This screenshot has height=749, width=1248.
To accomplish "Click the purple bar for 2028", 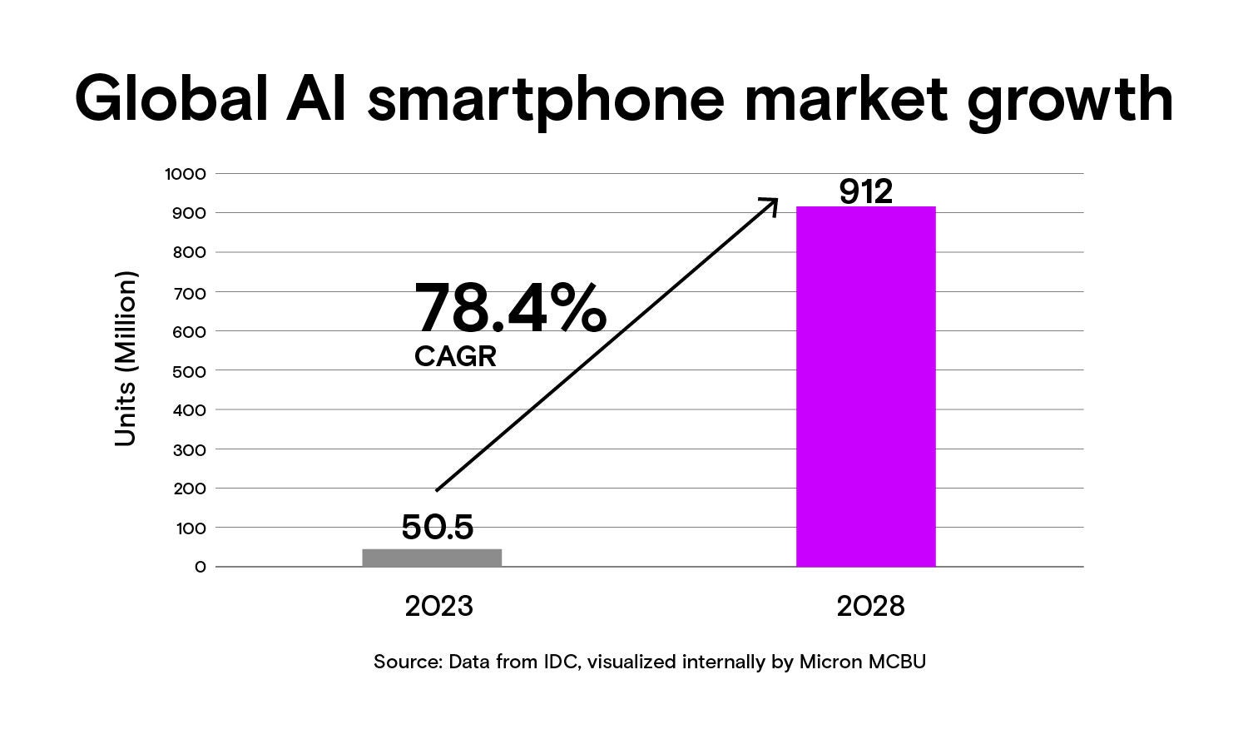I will click(865, 387).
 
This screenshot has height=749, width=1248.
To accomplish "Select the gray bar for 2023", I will click(432, 558).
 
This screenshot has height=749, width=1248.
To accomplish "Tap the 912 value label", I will click(865, 191).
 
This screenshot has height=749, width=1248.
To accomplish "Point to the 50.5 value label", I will click(437, 527).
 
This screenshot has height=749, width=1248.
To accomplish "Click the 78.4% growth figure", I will click(510, 308).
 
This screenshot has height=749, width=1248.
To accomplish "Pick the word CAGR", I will click(455, 357).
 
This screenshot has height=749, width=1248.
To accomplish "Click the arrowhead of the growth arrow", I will click(771, 202).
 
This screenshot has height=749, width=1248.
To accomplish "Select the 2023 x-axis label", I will click(438, 606).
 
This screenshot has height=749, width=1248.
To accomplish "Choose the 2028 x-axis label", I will click(870, 606).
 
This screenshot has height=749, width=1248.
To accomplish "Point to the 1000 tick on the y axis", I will click(185, 174).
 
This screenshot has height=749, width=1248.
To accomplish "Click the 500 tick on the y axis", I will click(189, 370).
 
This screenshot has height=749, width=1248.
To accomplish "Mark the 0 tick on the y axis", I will click(200, 567).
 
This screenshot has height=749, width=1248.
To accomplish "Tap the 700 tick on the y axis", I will click(189, 292).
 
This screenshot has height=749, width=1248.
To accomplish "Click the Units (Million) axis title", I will click(125, 359).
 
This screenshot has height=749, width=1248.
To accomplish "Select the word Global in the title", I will click(171, 100).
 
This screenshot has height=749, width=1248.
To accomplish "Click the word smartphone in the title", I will click(546, 100).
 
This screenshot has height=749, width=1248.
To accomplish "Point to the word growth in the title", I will click(1070, 100).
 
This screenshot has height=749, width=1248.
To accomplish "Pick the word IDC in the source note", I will click(562, 662).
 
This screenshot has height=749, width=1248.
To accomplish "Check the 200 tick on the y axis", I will click(189, 489).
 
